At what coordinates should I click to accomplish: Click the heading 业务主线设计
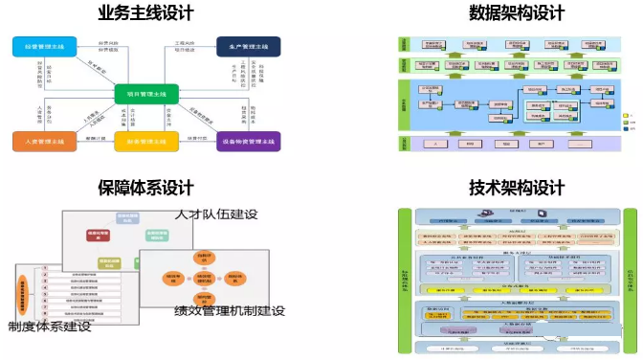tap(145, 13)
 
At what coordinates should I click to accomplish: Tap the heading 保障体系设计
tap(145, 186)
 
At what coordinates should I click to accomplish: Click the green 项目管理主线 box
tap(146, 93)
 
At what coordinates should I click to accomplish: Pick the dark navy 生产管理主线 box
tap(248, 45)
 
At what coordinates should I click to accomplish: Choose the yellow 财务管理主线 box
tap(146, 142)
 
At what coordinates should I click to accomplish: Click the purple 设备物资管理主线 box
tap(248, 142)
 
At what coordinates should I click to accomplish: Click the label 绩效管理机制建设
tap(230, 310)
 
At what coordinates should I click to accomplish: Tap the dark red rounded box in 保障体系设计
tap(100, 233)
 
